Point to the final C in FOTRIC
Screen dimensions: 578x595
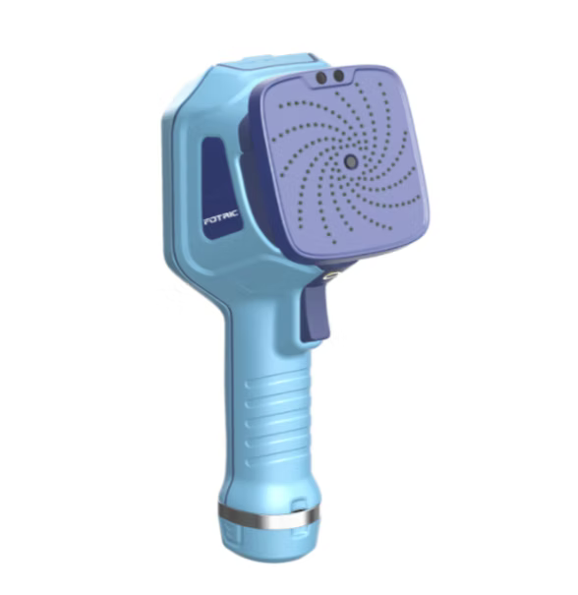[x=235, y=213]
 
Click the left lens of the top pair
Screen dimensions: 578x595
[x=321, y=78]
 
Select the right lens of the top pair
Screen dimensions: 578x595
[x=338, y=76]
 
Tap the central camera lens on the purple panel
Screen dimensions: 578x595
[x=351, y=161]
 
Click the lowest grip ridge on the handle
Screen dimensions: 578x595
[x=275, y=461]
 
